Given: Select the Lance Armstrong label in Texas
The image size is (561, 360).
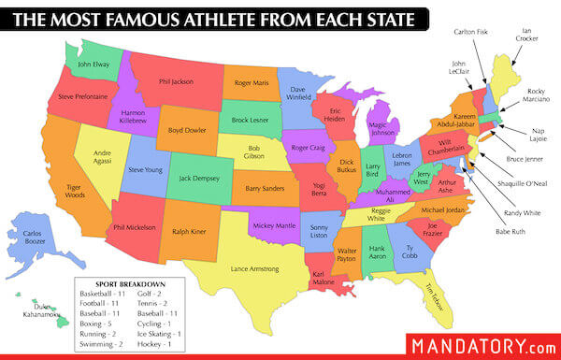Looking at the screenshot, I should tap(248, 269).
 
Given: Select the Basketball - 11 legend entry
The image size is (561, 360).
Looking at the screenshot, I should tap(101, 295).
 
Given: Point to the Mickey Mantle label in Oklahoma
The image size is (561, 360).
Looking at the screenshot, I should tap(274, 225).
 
